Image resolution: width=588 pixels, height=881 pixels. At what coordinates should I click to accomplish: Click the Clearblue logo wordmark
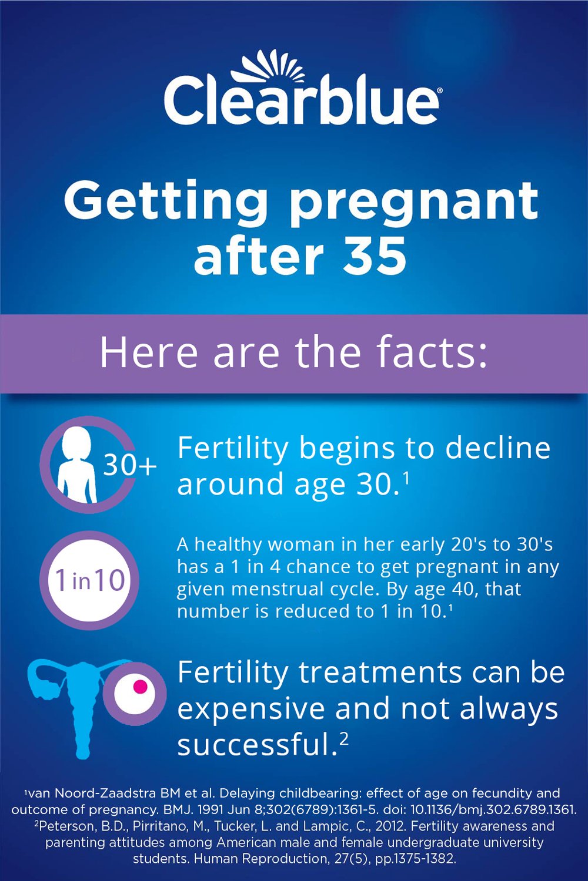tap(301, 102)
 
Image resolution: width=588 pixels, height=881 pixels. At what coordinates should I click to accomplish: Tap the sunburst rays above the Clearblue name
tap(268, 66)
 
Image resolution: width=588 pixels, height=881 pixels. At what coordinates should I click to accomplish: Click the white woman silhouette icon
tap(77, 465)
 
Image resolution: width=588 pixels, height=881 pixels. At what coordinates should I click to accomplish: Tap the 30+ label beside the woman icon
tap(130, 466)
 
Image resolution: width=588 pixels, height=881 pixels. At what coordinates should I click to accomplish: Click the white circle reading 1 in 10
tap(90, 580)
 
